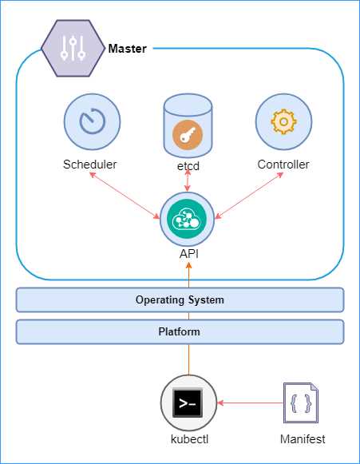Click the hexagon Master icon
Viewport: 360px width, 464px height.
coord(73,49)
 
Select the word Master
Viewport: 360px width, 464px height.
coord(127,49)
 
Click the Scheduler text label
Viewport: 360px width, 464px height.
coord(90,165)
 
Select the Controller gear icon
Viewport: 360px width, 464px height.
coord(283,122)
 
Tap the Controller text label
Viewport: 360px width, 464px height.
coord(283,165)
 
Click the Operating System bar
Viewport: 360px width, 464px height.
coord(180,299)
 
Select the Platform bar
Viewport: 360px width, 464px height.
coord(180,331)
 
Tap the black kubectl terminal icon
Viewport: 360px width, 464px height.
coord(188,404)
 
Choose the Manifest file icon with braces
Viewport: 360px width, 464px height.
coord(302,404)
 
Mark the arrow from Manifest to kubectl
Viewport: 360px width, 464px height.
coord(249,404)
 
